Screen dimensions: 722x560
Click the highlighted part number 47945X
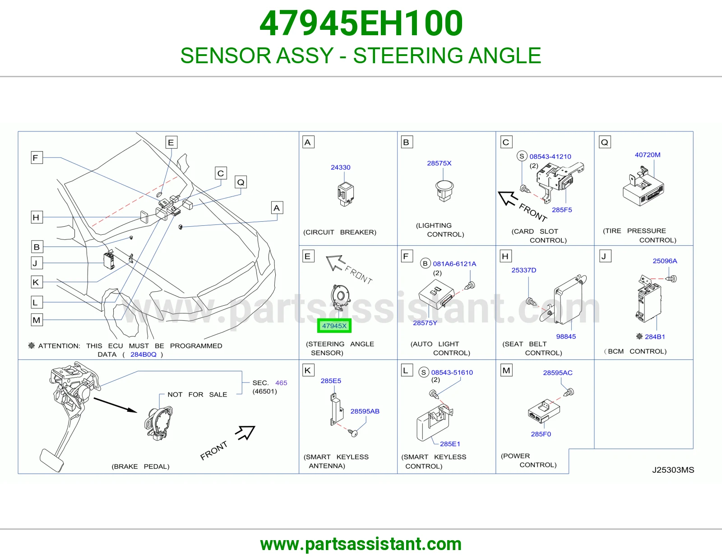pos(334,326)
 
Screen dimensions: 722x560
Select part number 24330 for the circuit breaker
pos(340,167)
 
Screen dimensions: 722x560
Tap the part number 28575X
pos(439,163)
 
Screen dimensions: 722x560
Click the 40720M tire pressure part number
pos(648,155)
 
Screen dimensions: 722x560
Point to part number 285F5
pos(562,210)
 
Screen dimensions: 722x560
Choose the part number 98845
pos(566,336)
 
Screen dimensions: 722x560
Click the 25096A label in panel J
pos(665,261)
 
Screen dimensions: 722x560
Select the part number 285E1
pos(450,444)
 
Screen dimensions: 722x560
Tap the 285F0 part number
pos(541,434)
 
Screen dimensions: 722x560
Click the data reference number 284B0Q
pos(143,355)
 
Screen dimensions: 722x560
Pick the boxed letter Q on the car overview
pos(241,182)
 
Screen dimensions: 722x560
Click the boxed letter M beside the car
pos(37,320)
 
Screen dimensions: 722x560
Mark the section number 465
pos(281,383)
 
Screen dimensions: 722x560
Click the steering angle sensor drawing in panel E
pos(340,296)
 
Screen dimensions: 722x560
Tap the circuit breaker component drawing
pos(346,194)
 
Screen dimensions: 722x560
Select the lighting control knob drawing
pos(444,191)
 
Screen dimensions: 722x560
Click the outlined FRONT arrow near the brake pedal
pos(245,433)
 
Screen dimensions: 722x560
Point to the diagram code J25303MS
pos(673,470)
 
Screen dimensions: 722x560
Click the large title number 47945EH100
pos(361,23)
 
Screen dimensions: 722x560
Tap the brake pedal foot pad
pos(51,460)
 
